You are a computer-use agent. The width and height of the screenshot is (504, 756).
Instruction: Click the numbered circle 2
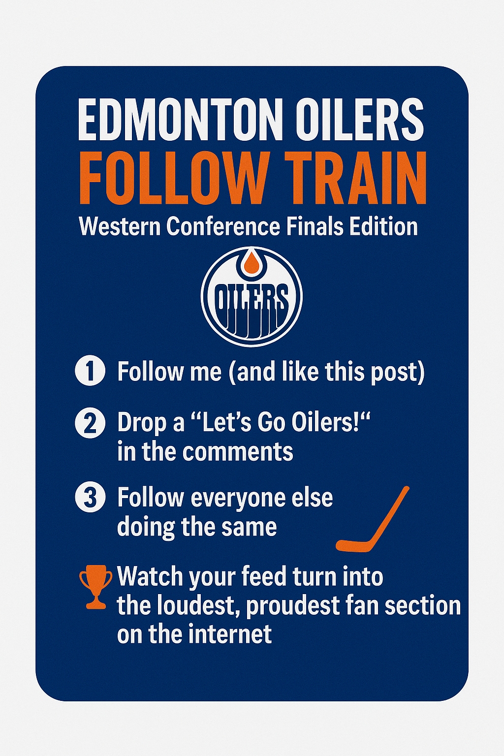(x=90, y=423)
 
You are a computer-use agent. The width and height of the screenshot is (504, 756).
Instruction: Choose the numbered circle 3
(x=90, y=498)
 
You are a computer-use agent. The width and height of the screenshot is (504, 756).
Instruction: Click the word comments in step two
(x=238, y=451)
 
